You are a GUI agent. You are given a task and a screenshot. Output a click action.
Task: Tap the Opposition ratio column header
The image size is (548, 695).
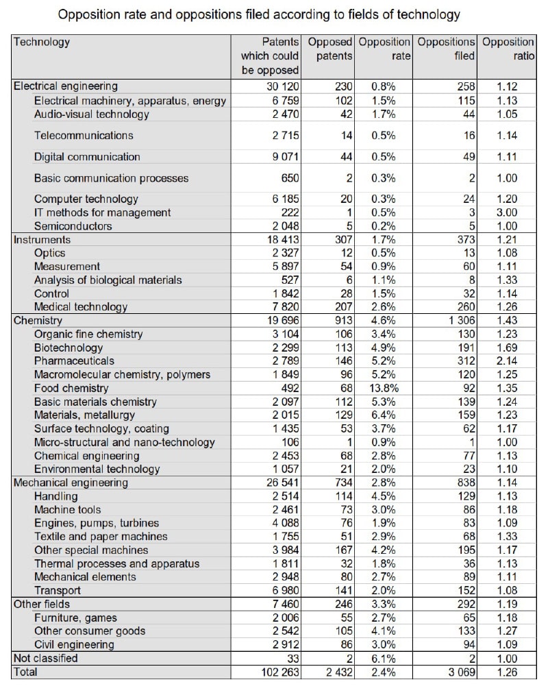point(508,49)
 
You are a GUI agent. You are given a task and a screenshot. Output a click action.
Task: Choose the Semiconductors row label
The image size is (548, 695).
point(73,226)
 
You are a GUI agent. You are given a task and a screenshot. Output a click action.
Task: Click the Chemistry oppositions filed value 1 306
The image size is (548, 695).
point(457,320)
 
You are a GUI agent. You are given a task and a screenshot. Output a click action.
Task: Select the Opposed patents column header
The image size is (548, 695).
point(330,49)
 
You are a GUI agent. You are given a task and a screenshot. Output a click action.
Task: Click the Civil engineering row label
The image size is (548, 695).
point(74,644)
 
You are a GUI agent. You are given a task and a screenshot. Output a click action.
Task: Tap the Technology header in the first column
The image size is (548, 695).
point(42,42)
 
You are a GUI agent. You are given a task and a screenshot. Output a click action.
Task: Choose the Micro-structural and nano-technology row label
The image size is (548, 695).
point(124,442)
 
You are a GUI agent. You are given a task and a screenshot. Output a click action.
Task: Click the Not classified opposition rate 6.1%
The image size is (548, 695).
point(383,658)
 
